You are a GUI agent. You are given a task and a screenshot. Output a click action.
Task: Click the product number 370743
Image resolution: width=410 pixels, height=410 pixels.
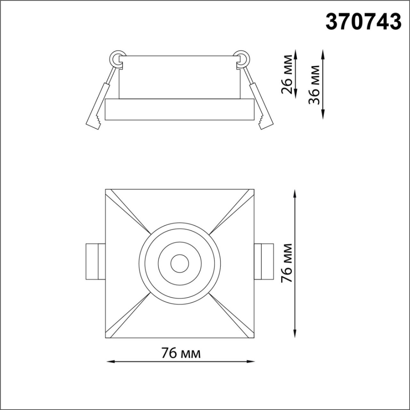[x=363, y=22]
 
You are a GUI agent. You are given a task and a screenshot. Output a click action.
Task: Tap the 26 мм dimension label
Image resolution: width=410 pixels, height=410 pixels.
[x=287, y=74]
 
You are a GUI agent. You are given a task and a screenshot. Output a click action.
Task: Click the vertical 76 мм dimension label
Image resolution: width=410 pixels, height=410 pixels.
[x=286, y=263]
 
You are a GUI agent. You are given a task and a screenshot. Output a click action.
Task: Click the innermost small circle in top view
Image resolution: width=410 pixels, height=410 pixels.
[x=179, y=263]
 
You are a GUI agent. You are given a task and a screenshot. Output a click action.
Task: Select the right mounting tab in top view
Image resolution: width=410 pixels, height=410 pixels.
[x=263, y=262]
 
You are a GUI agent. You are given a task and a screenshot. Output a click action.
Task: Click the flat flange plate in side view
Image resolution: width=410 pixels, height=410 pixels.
[x=179, y=110]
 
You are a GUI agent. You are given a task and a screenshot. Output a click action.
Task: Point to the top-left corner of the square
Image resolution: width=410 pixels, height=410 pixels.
[x=106, y=189]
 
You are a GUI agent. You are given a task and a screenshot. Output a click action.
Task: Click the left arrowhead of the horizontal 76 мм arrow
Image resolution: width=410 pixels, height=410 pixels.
[x=109, y=361]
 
